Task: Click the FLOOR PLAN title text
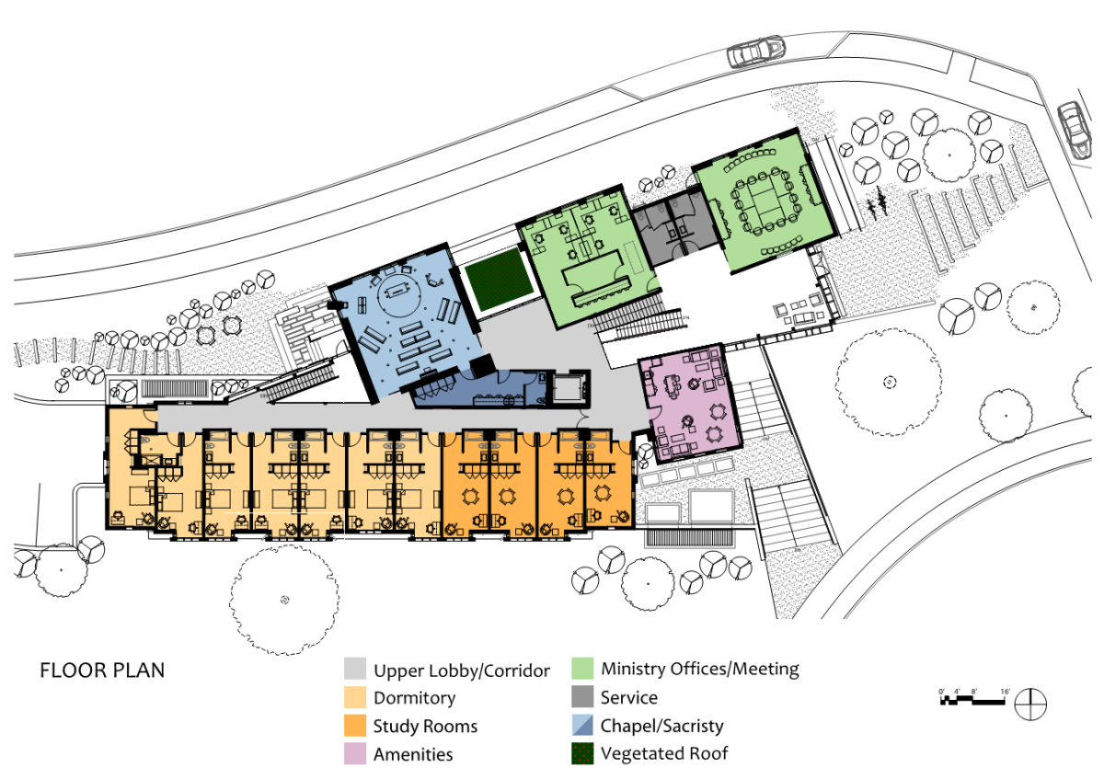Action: pos(102,670)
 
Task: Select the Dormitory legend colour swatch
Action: pos(356,698)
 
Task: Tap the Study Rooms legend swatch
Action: pos(356,726)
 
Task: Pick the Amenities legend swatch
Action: pos(356,754)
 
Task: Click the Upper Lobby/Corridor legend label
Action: pos(461,670)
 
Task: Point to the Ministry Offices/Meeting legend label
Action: pos(700,669)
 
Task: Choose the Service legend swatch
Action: pos(583,697)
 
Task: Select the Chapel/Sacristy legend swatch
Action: pos(583,726)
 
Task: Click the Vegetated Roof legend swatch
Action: pos(583,754)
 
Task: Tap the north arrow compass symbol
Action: pos(1030,705)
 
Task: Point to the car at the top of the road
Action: pos(755,52)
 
